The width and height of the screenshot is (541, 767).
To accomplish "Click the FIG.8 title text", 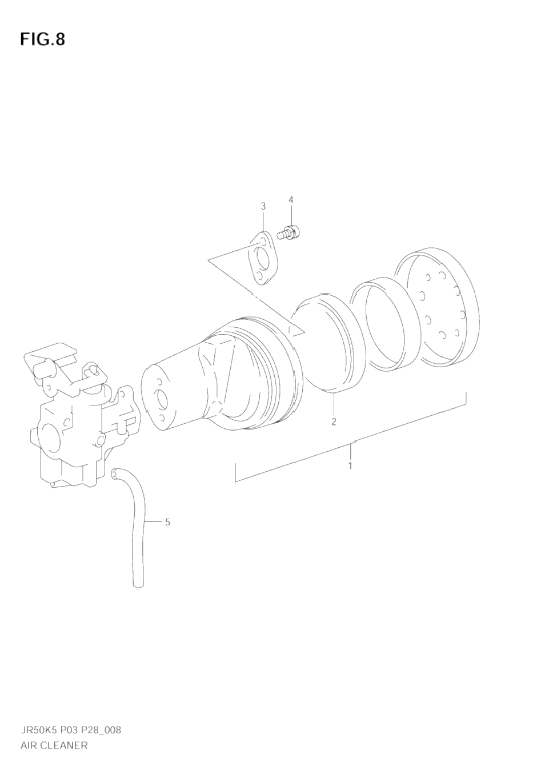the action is (42, 39).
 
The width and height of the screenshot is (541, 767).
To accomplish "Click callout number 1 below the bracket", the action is (350, 465).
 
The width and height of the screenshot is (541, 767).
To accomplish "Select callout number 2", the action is (334, 421).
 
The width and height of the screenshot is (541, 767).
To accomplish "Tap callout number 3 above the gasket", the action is (263, 206).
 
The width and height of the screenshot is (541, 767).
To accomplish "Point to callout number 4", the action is (291, 199).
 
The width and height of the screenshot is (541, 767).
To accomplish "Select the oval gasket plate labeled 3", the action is (263, 258).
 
